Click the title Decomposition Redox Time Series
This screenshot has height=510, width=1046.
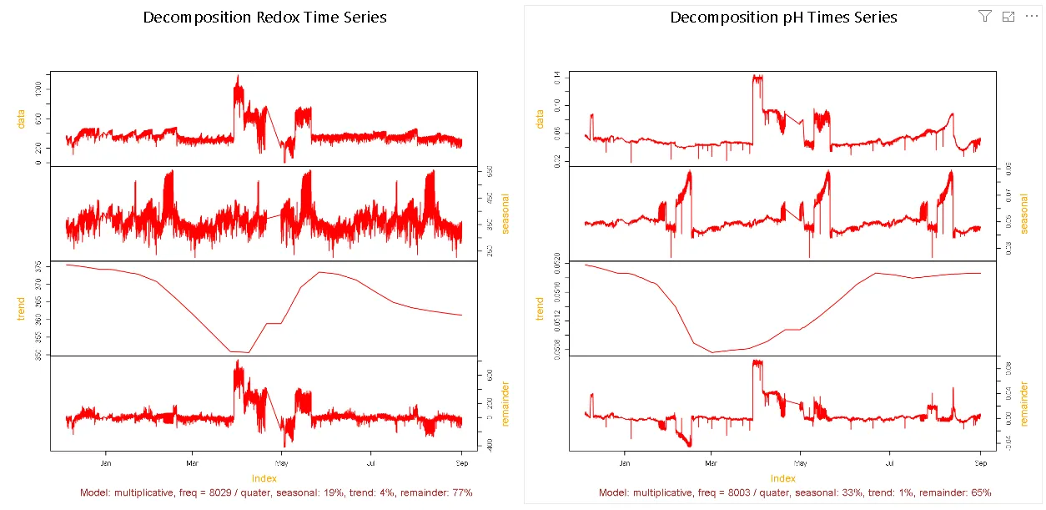point(264,18)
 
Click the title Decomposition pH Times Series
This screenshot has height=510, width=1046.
point(783,18)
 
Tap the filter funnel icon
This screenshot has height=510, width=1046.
point(984,16)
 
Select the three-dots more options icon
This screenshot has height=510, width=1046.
point(1031,16)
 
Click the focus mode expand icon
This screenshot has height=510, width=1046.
point(1008,16)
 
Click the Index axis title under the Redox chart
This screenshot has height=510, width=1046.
point(264,478)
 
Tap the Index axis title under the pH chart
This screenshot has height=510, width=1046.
point(782,478)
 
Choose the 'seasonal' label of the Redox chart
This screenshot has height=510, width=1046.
point(505,214)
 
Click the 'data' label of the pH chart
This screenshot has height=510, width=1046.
point(540,119)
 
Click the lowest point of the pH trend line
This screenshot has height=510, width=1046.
point(713,352)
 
